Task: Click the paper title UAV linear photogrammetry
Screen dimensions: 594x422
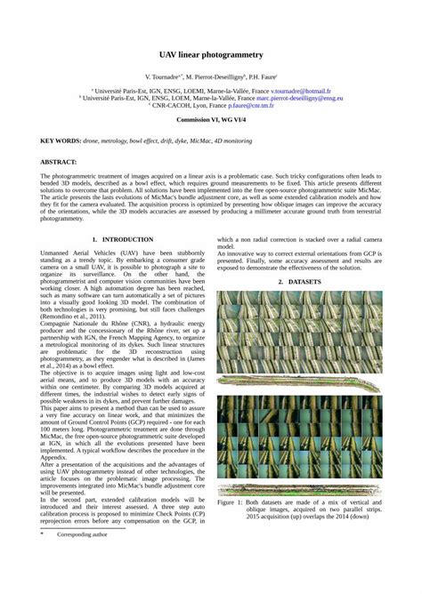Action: point(210,55)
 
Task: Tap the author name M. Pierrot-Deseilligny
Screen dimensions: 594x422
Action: point(215,78)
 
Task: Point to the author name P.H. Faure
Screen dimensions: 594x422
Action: point(263,78)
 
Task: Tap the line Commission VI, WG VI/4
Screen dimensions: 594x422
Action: point(210,118)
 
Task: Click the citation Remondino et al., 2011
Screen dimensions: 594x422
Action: point(71,317)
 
